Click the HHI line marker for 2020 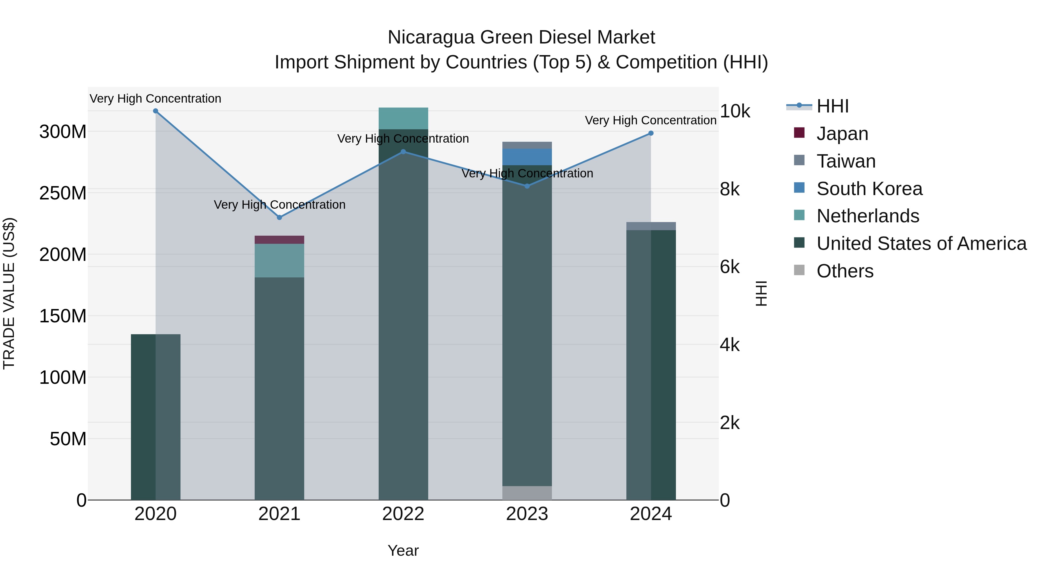tap(156, 111)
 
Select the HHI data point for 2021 tap(279, 217)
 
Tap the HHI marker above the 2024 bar tap(651, 133)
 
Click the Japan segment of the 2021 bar tap(279, 240)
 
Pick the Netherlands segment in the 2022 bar tap(403, 118)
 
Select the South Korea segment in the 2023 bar tap(527, 157)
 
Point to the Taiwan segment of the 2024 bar tap(651, 226)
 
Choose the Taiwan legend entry tap(846, 161)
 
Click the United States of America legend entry tap(921, 243)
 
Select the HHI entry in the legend tap(832, 106)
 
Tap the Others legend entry tap(845, 271)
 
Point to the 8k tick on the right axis tap(730, 189)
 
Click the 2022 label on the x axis tap(403, 514)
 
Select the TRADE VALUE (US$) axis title tap(9, 293)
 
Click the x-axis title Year tap(403, 550)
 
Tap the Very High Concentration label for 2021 tap(279, 205)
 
